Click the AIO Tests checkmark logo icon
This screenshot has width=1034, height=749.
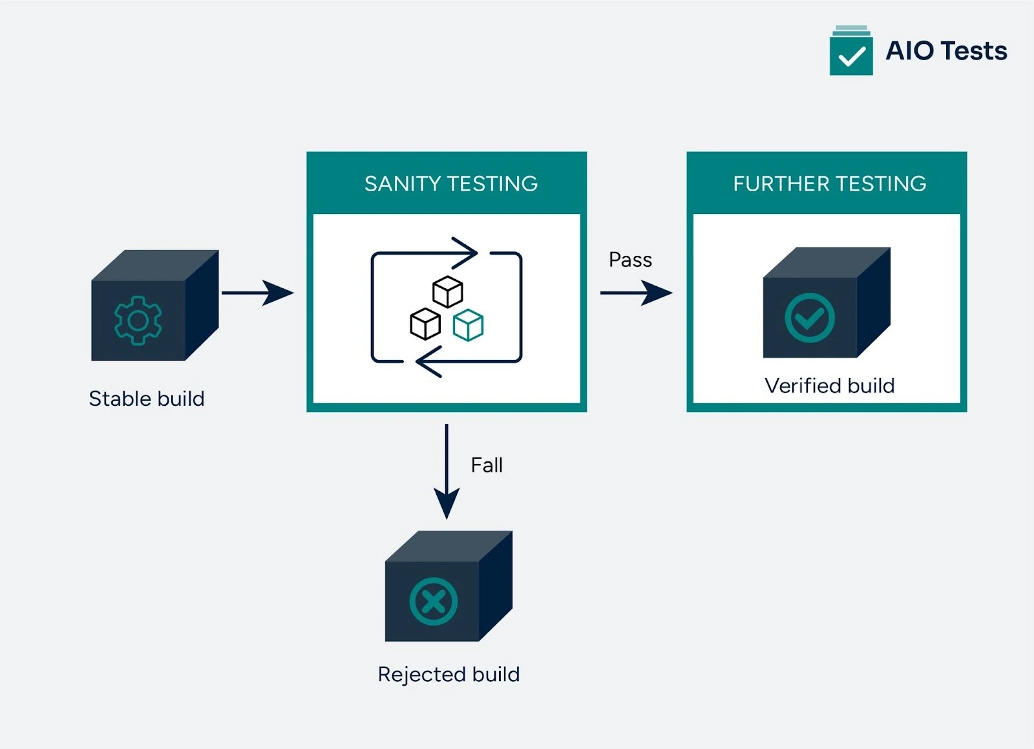tap(850, 52)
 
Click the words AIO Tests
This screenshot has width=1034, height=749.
tap(946, 51)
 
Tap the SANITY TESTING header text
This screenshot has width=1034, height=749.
tap(450, 184)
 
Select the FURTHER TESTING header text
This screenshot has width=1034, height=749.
tap(829, 184)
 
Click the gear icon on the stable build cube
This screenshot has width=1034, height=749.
tap(138, 320)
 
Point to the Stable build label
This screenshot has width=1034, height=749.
tap(147, 399)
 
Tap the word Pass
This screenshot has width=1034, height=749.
tap(630, 260)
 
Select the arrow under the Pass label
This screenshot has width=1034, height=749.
tap(636, 293)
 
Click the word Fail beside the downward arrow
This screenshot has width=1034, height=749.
tap(487, 465)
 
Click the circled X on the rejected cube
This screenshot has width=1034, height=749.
tap(434, 602)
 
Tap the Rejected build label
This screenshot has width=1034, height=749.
tap(448, 675)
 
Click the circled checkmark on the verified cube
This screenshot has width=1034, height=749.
tap(809, 318)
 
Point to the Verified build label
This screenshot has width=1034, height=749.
tap(829, 386)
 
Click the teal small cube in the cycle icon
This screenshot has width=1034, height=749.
tap(468, 325)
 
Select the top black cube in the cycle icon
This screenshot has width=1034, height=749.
tap(447, 292)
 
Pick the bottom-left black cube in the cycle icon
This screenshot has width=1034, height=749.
tap(425, 324)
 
